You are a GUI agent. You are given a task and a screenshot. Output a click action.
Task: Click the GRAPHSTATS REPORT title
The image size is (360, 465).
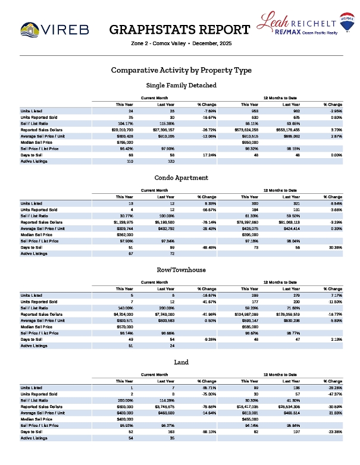180,30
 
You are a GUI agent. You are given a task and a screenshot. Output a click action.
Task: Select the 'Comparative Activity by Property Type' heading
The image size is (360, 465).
181,70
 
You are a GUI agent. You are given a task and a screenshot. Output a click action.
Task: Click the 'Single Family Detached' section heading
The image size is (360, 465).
181,85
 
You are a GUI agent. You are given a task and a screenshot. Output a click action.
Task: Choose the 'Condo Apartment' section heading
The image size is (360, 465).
181,177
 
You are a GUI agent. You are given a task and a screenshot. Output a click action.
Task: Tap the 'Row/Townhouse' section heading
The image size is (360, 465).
181,269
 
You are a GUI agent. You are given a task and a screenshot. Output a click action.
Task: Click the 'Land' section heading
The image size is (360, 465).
181,362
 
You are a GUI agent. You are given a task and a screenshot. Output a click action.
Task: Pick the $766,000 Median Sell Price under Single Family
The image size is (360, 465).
125,143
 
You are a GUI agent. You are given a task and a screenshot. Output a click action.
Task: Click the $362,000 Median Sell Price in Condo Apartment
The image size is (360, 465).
125,235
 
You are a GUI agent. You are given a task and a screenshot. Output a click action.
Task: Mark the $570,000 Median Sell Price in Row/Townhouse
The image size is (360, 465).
125,327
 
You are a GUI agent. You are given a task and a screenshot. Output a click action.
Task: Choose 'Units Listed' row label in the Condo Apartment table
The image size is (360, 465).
32,203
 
